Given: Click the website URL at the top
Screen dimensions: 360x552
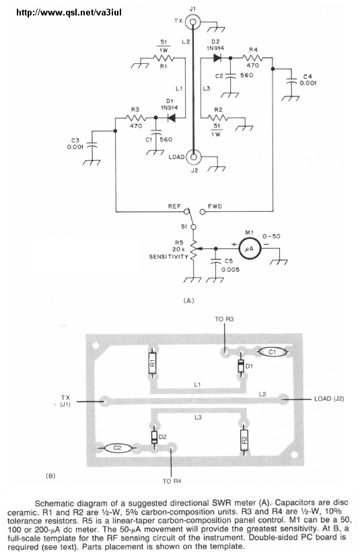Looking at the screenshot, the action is [69, 13].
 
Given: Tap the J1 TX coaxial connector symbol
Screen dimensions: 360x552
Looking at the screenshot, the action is [192, 22].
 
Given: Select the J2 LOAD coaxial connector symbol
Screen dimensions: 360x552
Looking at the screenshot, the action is [193, 157].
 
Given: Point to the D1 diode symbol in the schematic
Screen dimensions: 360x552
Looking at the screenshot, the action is [172, 118].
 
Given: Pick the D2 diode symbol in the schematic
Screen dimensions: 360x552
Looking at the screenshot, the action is [219, 58].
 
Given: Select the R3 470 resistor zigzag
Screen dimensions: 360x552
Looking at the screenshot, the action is [136, 118].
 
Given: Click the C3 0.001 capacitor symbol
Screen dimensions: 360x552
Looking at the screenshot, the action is [92, 145].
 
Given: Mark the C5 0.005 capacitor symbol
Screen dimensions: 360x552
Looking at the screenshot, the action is [215, 262].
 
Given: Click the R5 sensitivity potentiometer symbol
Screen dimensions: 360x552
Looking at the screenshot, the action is [193, 249].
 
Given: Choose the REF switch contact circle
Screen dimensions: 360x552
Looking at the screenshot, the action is [186, 212].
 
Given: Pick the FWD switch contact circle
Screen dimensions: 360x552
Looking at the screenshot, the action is [202, 212].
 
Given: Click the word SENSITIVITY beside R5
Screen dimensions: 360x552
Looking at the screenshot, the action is [169, 257].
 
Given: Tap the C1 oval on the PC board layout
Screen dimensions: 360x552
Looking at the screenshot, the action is [272, 352].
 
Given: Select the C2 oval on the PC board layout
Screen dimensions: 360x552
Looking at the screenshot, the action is [117, 448].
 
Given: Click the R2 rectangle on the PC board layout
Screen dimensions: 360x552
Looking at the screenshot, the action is [244, 440].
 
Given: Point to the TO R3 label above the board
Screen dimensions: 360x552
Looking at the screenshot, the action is [224, 319].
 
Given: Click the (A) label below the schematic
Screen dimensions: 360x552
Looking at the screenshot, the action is [189, 301].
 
